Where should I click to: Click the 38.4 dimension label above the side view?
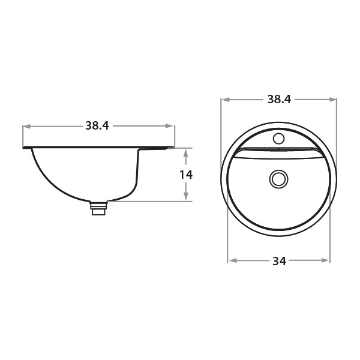pos(97,126)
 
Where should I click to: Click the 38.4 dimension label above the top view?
pos(279,100)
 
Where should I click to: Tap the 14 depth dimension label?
pos(186,175)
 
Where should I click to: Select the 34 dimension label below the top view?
pos(280,261)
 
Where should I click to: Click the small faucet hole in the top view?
pos(279,139)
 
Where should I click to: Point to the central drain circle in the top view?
pos(279,179)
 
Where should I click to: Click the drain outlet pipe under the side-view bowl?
pos(98,208)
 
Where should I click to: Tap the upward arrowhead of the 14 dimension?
pos(186,153)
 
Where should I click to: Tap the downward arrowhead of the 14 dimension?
pos(186,196)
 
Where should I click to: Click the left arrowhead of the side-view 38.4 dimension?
pos(27,126)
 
